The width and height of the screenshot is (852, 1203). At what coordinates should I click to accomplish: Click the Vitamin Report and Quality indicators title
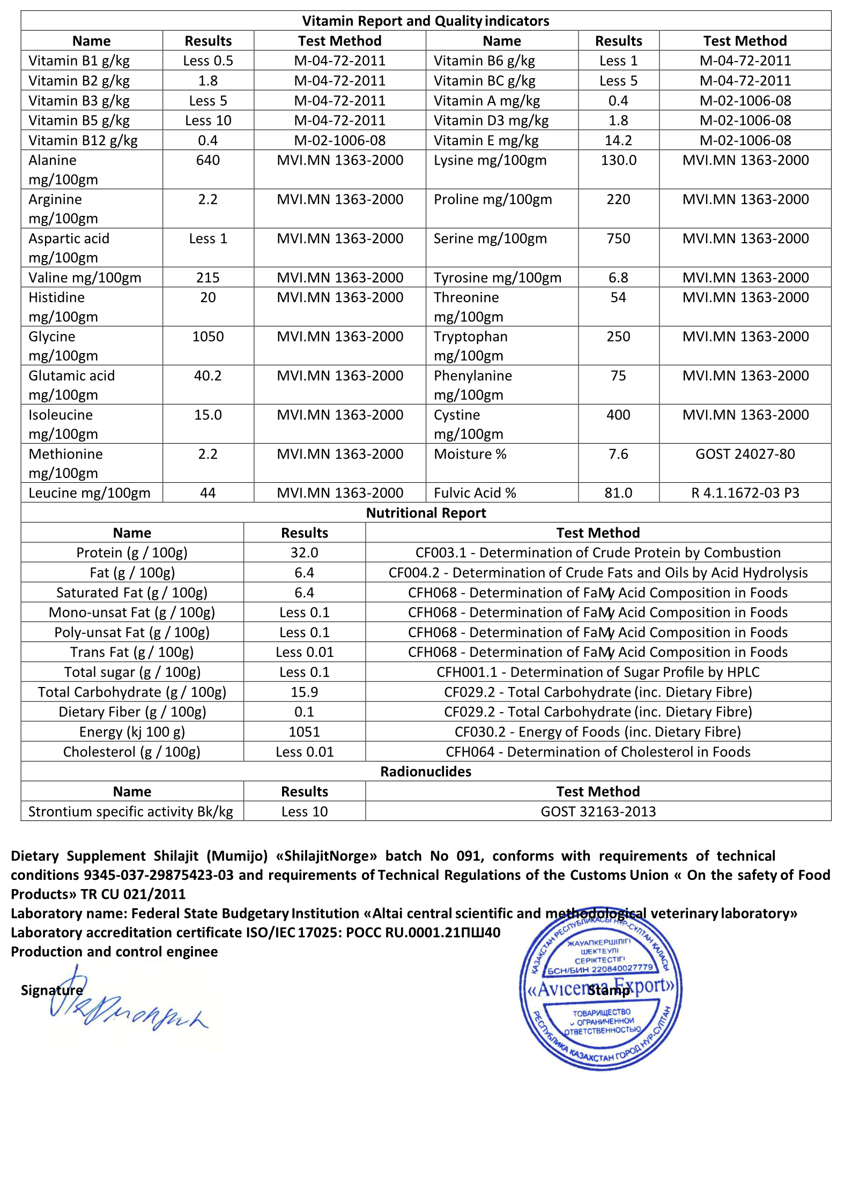tap(426, 21)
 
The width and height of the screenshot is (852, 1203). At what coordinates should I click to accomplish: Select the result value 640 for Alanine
tap(208, 160)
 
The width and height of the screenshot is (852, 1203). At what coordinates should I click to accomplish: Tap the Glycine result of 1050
tap(208, 337)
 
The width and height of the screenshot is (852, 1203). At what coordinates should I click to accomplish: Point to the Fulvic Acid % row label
tap(475, 493)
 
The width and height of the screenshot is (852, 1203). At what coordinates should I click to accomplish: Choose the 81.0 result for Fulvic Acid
tap(618, 493)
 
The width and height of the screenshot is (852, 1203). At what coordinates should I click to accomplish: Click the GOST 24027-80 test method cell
tap(745, 454)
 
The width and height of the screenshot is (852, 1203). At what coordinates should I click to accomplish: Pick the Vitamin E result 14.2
tap(618, 140)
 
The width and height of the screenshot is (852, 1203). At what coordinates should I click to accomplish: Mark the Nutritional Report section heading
tap(426, 513)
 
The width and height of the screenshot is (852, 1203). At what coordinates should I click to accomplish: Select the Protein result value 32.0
tap(304, 552)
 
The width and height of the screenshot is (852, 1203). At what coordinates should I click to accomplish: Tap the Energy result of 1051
tap(304, 732)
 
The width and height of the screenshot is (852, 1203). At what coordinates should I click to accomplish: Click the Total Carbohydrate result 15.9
tap(304, 692)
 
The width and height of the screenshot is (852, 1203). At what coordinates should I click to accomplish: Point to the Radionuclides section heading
tap(426, 772)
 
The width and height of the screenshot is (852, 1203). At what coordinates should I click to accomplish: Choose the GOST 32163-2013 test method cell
tap(598, 811)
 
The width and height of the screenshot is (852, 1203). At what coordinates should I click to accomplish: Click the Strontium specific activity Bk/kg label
tap(131, 811)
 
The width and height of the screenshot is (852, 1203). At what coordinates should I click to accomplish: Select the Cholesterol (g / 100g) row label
tap(132, 752)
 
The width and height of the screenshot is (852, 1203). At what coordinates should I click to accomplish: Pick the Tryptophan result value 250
tap(618, 337)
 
